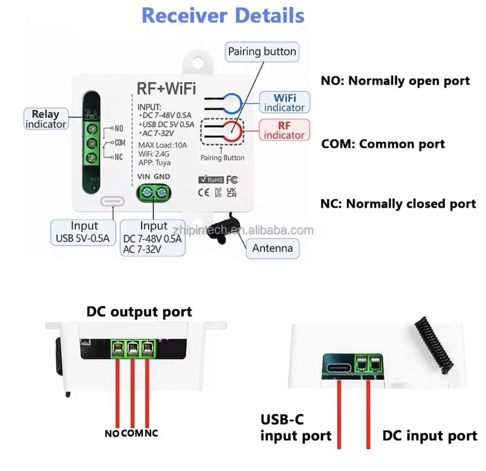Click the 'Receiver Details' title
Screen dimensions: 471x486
point(223,15)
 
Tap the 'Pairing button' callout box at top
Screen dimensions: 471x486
point(262,52)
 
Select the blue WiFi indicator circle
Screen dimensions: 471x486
point(233,103)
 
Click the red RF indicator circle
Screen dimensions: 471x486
point(233,132)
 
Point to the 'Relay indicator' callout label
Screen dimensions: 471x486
point(45,119)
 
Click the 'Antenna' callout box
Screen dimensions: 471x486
point(272,248)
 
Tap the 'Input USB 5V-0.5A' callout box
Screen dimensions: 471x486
point(83,232)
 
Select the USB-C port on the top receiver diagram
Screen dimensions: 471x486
point(112,201)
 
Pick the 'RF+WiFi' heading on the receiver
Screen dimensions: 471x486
point(166,88)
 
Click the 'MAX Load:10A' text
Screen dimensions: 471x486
point(162,145)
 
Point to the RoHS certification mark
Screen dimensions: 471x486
point(211,179)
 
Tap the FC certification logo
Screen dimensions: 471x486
point(232,179)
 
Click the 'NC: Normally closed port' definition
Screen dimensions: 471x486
point(398,204)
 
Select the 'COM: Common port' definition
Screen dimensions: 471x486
point(383,144)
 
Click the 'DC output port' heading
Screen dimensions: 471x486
point(139,312)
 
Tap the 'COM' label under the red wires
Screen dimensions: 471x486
point(132,433)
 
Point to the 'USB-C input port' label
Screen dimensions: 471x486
point(295,427)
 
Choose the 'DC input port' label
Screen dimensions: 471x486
point(430,436)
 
